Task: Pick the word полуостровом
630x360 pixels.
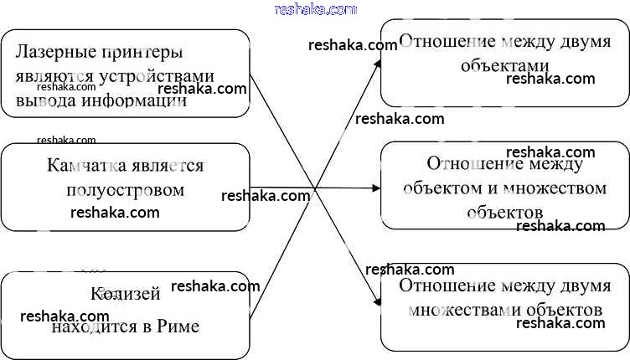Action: click(125, 190)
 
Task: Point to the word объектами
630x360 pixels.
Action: click(504, 66)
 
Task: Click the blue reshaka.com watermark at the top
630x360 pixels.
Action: click(315, 9)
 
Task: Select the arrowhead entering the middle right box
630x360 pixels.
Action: click(376, 188)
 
